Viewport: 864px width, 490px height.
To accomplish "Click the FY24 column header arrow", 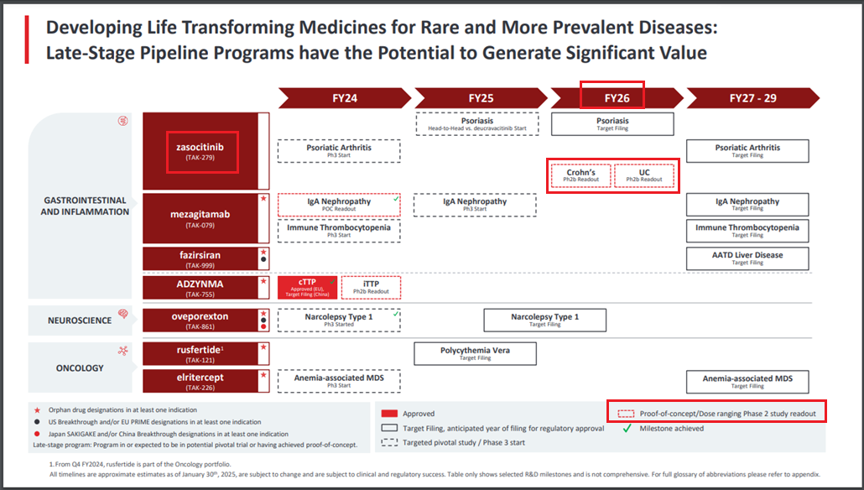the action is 345,98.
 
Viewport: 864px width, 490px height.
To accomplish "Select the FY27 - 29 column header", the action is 752,98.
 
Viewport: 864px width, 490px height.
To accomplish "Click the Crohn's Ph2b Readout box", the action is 580,175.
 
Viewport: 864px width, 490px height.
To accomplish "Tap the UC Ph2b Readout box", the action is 644,175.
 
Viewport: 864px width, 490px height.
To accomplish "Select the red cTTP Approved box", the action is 308,287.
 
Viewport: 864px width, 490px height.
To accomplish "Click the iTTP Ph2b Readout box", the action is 371,287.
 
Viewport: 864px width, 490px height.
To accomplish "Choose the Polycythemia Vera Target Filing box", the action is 475,353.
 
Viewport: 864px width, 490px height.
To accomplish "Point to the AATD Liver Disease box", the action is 747,258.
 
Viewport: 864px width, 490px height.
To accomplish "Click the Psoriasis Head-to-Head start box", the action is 477,124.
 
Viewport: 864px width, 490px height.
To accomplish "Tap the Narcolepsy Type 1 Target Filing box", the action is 545,321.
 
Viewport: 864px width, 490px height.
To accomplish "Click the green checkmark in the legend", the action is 627,428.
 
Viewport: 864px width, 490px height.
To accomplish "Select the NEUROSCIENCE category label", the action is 80,321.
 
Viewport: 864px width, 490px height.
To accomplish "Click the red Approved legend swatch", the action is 389,414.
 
